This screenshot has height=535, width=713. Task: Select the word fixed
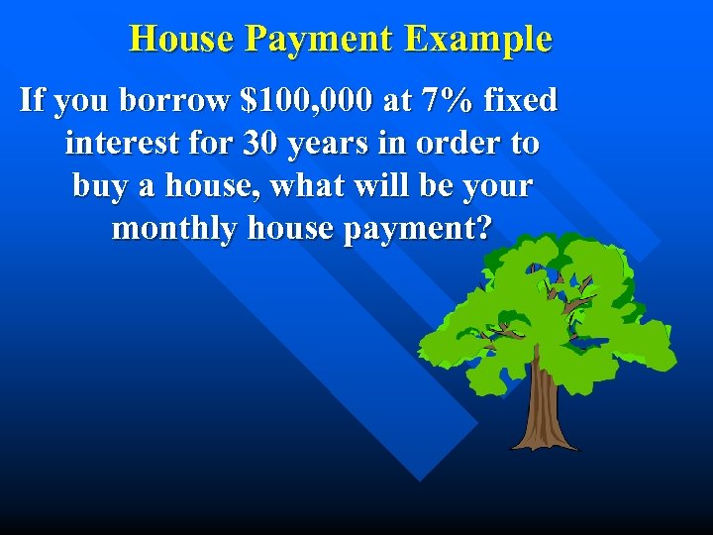(522, 100)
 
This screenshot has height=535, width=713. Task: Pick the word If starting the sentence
(33, 100)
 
